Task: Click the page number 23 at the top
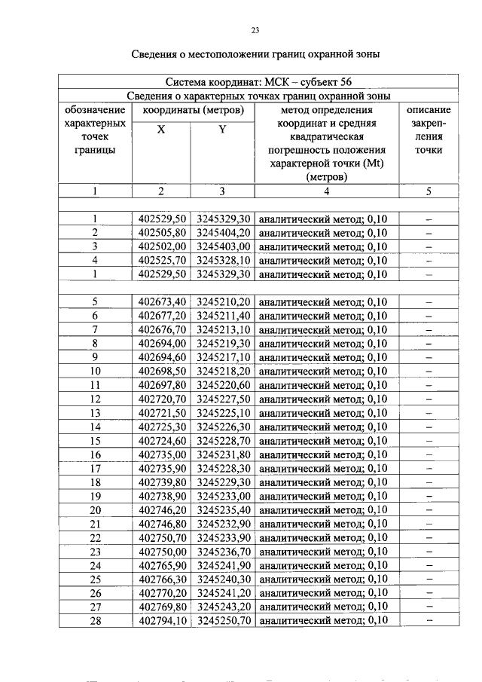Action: point(255,30)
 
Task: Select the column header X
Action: point(160,129)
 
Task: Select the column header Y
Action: point(222,129)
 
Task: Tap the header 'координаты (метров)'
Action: point(193,110)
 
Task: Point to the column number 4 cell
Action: point(326,191)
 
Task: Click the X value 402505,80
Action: point(162,233)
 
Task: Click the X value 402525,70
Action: point(162,260)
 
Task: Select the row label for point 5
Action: point(95,301)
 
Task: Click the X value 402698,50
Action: point(162,371)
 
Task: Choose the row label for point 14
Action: point(95,427)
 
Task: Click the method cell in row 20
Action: point(326,509)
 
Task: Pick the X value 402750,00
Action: point(162,552)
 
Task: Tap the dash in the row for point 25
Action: point(429,579)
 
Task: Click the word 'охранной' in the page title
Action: point(331,54)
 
